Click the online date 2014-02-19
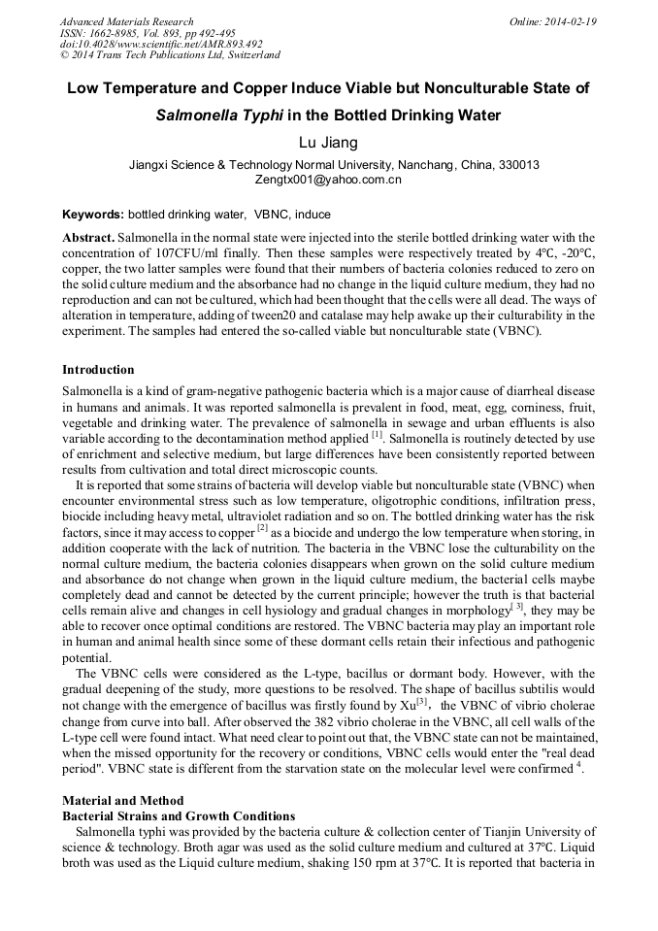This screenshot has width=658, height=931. tap(570, 21)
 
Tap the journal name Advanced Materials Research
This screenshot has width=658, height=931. tap(126, 21)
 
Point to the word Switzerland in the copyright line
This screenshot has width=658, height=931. tap(248, 55)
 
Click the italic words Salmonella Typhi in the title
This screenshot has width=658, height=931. tap(219, 116)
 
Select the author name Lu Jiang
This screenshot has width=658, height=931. tap(328, 143)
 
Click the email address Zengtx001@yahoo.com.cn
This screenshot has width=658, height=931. tap(328, 180)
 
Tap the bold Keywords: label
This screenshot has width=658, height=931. tap(93, 214)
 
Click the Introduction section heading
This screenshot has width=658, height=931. tap(98, 370)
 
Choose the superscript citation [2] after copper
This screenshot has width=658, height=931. tap(262, 527)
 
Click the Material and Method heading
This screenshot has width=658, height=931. tap(122, 801)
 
